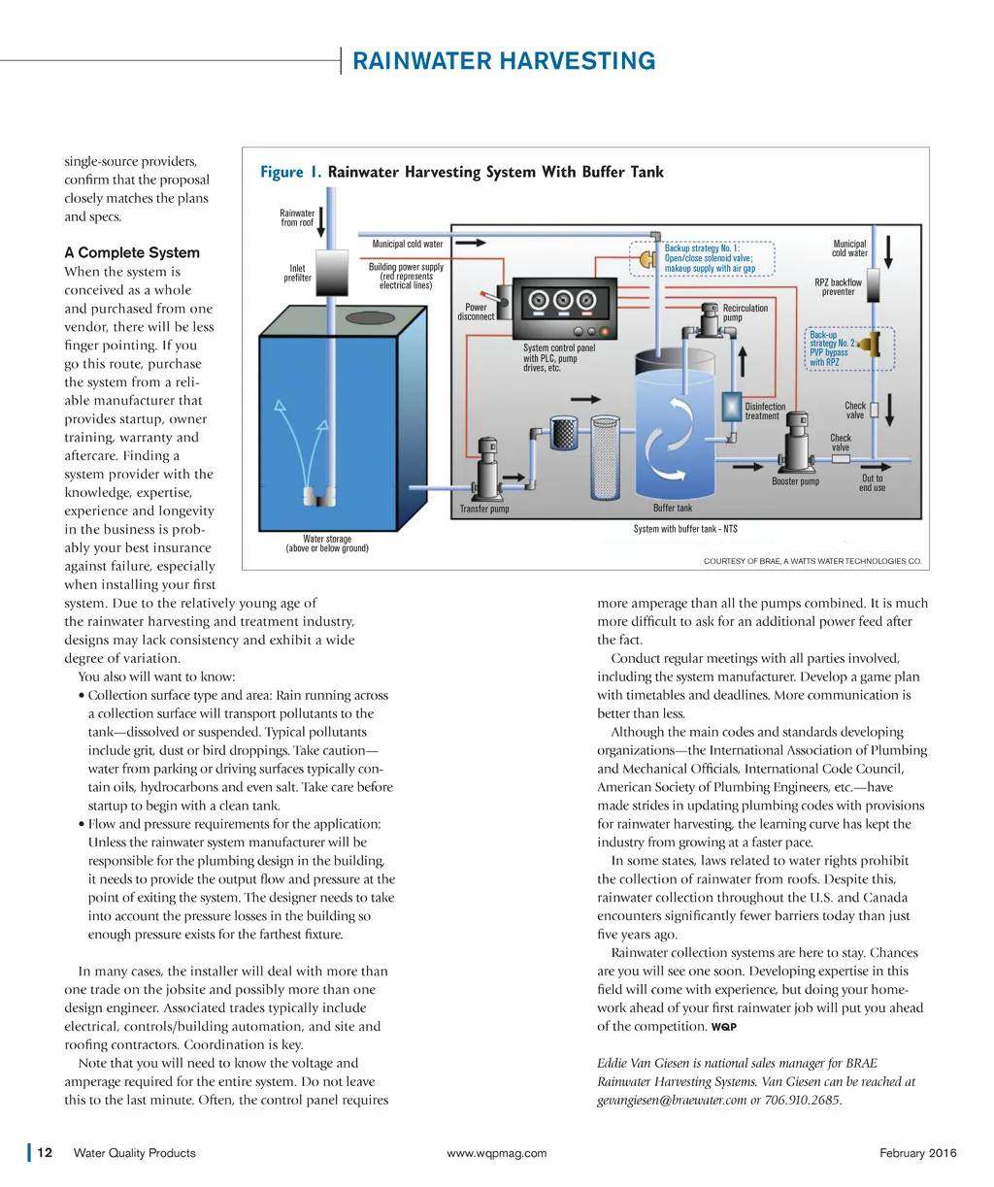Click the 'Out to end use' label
pyautogui.click(x=872, y=482)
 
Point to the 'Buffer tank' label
pyautogui.click(x=673, y=508)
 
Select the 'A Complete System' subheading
pyautogui.click(x=132, y=252)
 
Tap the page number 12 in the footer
pyautogui.click(x=45, y=1153)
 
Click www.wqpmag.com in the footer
pyautogui.click(x=496, y=1153)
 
